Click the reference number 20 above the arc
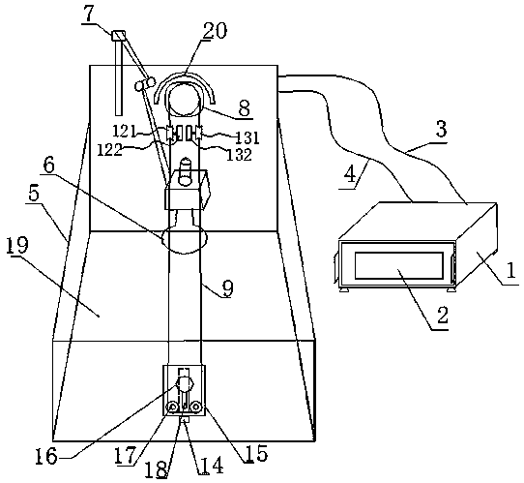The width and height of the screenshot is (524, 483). click(x=215, y=31)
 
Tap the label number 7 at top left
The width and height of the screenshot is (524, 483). click(x=89, y=14)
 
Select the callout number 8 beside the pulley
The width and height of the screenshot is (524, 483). click(x=245, y=108)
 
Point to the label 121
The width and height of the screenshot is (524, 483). click(x=125, y=131)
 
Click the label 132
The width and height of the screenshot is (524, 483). click(x=239, y=154)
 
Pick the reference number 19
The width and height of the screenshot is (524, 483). click(x=18, y=246)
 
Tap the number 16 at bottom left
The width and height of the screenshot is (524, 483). click(x=45, y=457)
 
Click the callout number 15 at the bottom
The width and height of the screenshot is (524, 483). click(x=257, y=453)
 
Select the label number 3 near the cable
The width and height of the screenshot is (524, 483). click(x=441, y=130)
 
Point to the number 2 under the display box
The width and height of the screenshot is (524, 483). click(x=442, y=316)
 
